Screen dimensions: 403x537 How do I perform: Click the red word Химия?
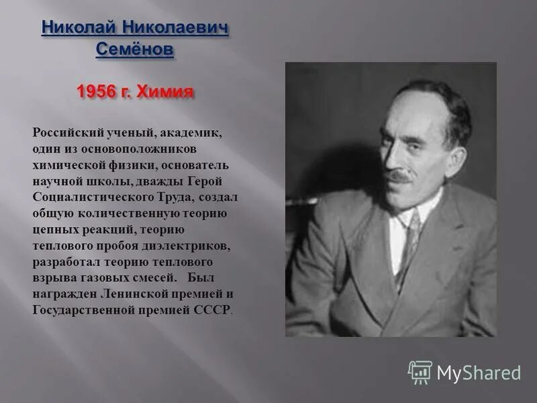pyautogui.click(x=166, y=91)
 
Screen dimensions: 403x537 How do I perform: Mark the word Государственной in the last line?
pyautogui.click(x=85, y=310)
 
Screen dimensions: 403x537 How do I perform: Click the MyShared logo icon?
pyautogui.click(x=420, y=372)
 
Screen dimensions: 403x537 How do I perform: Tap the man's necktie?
pyautogui.click(x=408, y=242)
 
